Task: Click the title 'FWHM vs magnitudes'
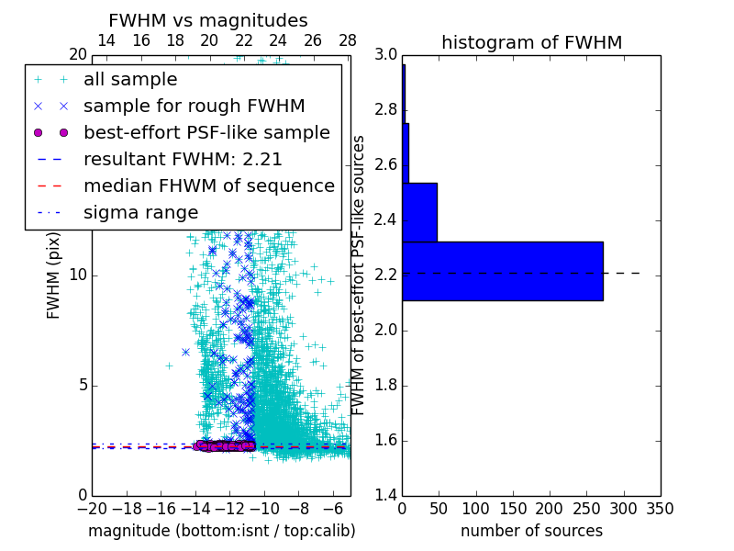[x=208, y=20]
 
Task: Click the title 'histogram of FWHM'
[x=531, y=42]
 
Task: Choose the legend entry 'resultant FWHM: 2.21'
[x=183, y=159]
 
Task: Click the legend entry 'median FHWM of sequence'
[x=208, y=186]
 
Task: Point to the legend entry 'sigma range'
[x=140, y=212]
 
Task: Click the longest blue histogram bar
[x=502, y=271]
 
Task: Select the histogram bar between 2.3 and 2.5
[x=419, y=212]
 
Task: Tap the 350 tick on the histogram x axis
[x=660, y=508]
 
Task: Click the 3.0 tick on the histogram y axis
[x=385, y=55]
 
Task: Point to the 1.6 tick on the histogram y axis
[x=385, y=441]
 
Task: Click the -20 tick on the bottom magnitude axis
[x=92, y=508]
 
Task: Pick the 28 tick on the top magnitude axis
[x=348, y=40]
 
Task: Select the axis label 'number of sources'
[x=531, y=531]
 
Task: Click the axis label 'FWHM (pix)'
[x=54, y=275]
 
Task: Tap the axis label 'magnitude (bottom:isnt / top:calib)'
[x=221, y=531]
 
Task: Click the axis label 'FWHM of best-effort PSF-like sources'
[x=360, y=275]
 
